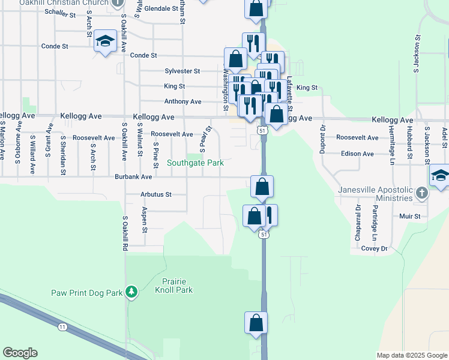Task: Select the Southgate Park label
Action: coord(195,163)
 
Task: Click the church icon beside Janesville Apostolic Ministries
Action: coord(422,193)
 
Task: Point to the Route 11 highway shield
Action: coord(62,326)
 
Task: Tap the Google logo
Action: coord(20,353)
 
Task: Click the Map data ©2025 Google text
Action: coord(411,355)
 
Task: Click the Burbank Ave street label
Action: coord(135,177)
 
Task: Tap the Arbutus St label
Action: coord(156,194)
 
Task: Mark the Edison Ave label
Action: coord(357,154)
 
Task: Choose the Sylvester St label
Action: coord(182,71)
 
